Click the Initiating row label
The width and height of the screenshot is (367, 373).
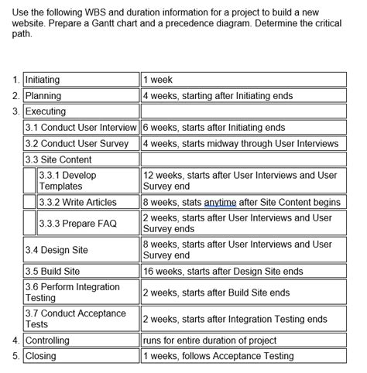(43, 80)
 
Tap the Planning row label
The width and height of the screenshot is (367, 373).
(43, 96)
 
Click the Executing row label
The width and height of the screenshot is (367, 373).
(46, 111)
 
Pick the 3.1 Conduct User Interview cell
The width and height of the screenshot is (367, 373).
(81, 127)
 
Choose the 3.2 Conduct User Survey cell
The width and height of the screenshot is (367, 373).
(77, 143)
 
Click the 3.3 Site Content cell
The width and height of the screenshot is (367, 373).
(58, 159)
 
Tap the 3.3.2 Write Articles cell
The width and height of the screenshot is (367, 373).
(78, 202)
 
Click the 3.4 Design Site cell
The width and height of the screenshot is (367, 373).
(57, 250)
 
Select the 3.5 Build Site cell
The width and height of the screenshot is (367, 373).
(53, 272)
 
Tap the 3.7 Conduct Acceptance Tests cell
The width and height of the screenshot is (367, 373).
(75, 319)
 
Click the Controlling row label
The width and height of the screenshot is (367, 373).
(47, 340)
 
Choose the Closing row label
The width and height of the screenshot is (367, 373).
(41, 356)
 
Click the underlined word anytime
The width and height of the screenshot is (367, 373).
(221, 202)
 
